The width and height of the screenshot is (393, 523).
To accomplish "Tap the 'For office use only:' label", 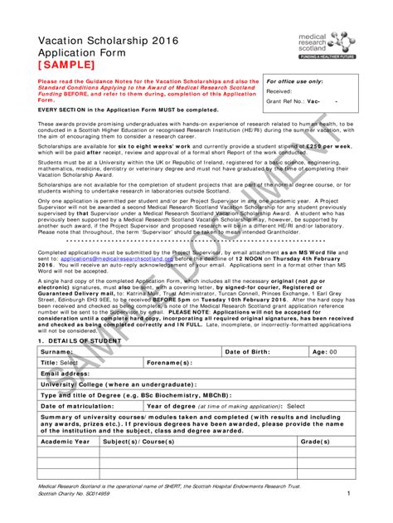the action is pos(294,82).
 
